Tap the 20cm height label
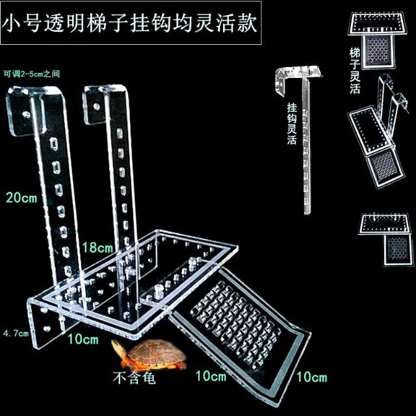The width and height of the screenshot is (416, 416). (21, 198)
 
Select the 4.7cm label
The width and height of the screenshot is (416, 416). (16, 333)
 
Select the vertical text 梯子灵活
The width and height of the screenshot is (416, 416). (354, 70)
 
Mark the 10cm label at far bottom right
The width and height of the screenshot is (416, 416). (310, 377)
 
